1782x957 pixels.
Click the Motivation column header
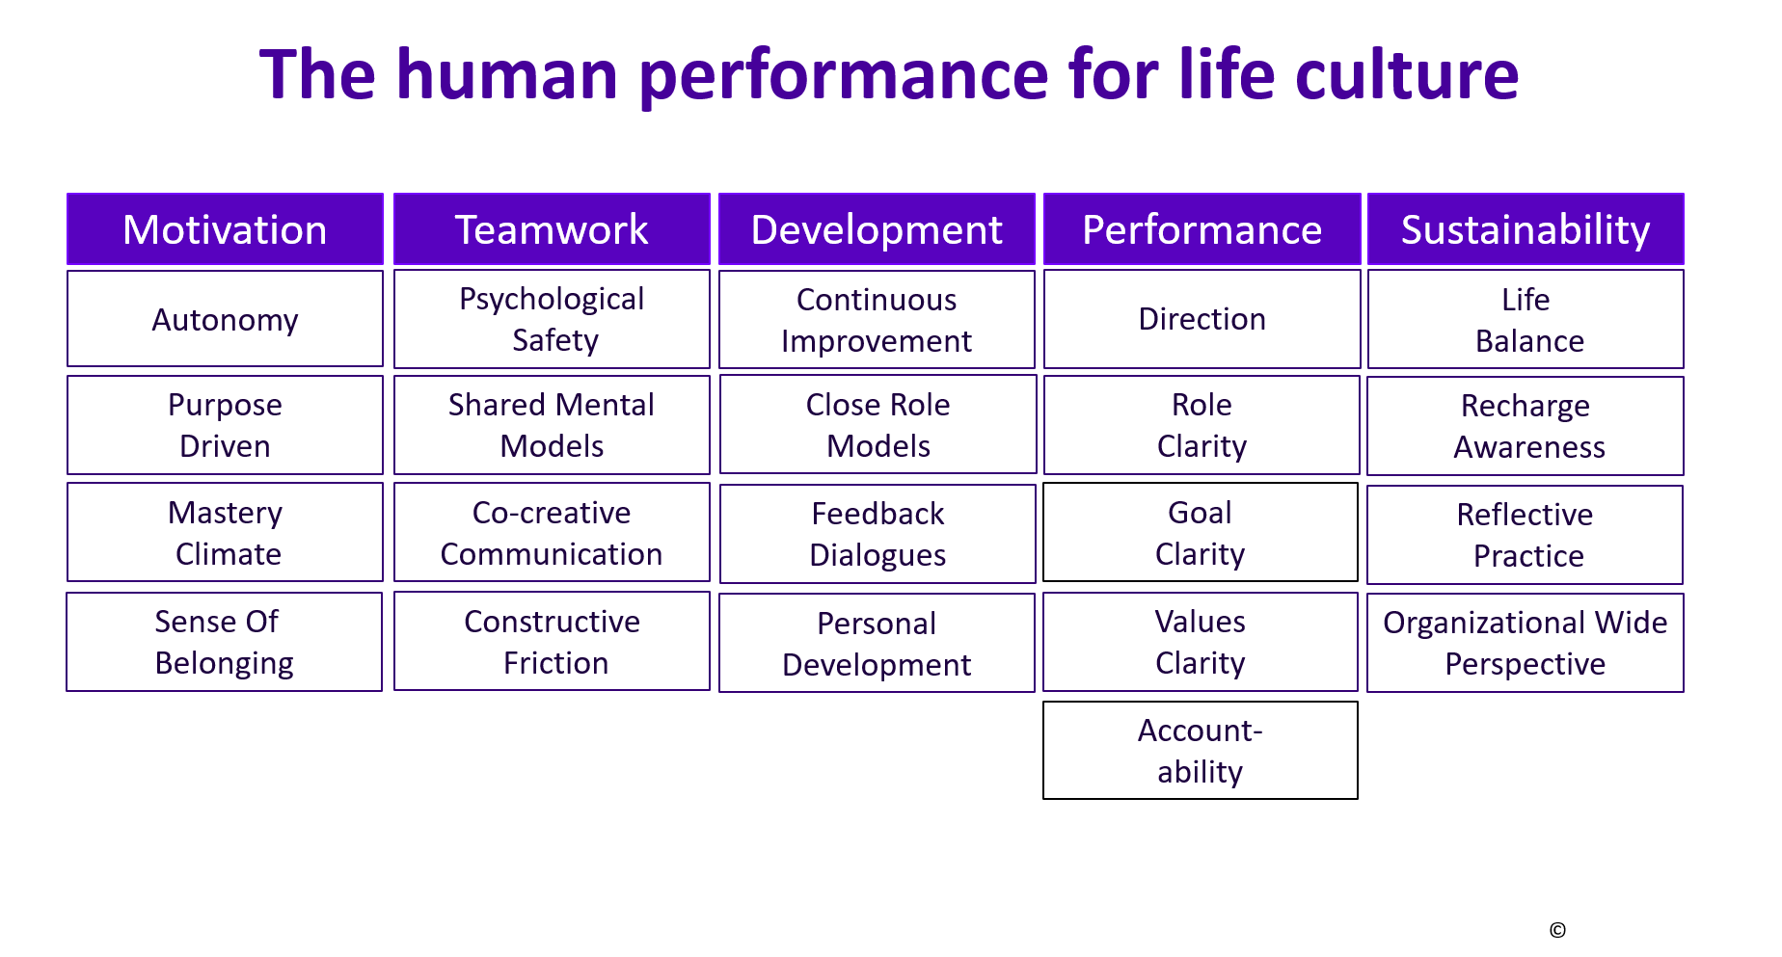click(225, 229)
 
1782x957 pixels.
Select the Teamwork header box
click(552, 229)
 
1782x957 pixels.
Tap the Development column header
click(877, 229)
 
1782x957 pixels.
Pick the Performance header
click(1201, 229)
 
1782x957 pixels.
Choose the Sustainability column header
click(1525, 229)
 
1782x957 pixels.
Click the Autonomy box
click(225, 319)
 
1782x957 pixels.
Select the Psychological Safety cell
click(552, 319)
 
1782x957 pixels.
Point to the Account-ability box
click(1201, 751)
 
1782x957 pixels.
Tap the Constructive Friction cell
click(552, 642)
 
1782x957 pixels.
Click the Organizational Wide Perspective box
click(1525, 643)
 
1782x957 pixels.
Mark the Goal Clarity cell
click(1201, 533)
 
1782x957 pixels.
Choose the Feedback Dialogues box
click(877, 534)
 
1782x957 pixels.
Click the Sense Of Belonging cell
click(224, 642)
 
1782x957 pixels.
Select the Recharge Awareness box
click(1525, 426)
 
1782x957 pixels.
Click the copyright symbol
click(1557, 930)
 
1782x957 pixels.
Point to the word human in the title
click(507, 74)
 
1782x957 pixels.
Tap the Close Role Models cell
click(877, 425)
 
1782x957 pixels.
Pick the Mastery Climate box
click(225, 533)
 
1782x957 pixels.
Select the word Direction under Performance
click(1201, 319)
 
